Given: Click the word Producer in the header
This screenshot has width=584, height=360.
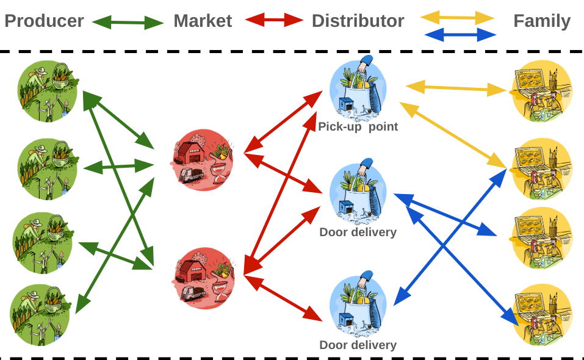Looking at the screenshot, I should click(44, 21).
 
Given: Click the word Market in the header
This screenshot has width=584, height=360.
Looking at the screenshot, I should click(203, 21).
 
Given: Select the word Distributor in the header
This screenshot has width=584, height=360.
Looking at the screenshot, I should click(358, 21).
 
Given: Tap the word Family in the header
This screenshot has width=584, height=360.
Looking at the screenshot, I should click(542, 21).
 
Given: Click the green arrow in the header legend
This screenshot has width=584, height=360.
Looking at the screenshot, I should click(128, 23).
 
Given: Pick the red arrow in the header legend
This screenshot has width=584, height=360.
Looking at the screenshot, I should click(274, 20).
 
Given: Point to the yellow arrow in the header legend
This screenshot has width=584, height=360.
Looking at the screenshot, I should click(457, 18).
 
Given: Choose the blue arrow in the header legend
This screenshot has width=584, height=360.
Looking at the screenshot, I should click(458, 35).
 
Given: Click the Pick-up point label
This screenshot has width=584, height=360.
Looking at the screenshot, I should click(358, 127).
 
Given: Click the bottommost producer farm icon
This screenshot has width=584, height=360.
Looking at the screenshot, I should click(40, 314).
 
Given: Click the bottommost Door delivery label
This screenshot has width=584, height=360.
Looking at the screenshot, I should click(358, 345).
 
